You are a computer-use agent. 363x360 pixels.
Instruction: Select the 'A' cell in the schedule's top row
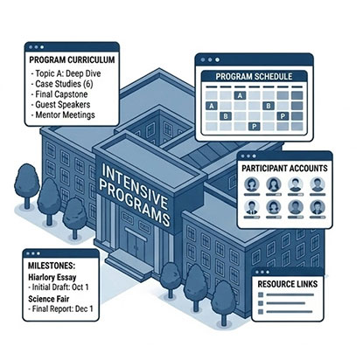(x=212, y=104)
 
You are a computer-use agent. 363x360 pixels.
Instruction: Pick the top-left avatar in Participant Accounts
(x=252, y=184)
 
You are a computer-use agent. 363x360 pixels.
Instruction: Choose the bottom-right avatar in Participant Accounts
(x=317, y=207)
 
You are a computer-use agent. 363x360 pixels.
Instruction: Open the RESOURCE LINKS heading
(x=297, y=284)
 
